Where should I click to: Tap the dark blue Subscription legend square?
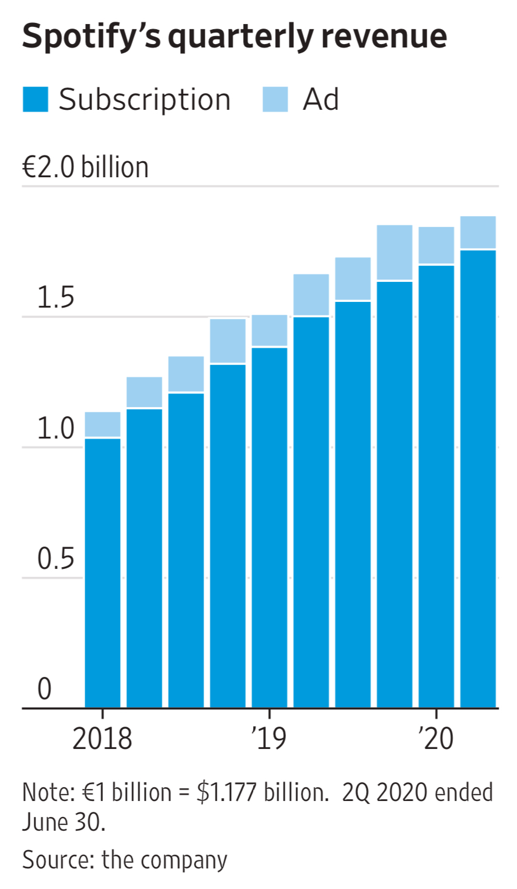point(35,99)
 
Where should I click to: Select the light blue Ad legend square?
point(275,99)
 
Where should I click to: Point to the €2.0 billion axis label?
point(85,168)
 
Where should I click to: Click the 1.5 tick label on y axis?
point(55,298)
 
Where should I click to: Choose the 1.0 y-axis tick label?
point(55,428)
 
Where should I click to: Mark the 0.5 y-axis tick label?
point(55,559)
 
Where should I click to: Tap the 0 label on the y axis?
point(45,689)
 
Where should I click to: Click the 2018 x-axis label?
point(102,738)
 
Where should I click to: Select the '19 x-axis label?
point(269,738)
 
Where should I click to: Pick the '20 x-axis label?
point(436,738)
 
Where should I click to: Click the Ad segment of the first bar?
point(102,424)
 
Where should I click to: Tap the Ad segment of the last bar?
point(478,232)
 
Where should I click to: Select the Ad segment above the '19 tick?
point(269,330)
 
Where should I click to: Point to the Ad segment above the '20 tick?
point(436,245)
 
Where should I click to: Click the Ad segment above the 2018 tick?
point(102,424)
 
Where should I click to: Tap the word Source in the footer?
point(57,859)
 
